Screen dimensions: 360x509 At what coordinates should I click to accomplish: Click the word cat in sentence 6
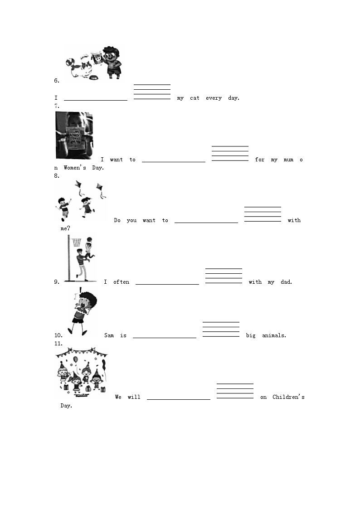[x=195, y=98]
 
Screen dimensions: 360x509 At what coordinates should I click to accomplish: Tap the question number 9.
[x=57, y=282]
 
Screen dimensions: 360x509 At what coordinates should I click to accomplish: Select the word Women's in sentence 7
[x=75, y=168]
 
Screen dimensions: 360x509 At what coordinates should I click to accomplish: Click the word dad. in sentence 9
[x=286, y=282]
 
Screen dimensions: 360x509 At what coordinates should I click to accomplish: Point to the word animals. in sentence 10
[x=274, y=335]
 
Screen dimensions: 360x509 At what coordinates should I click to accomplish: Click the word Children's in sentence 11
[x=288, y=397]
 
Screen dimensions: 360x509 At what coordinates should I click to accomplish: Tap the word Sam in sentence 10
[x=109, y=335]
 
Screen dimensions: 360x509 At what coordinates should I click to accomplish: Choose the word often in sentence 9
[x=122, y=282]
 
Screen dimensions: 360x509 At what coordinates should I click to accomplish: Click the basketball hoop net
[x=77, y=242]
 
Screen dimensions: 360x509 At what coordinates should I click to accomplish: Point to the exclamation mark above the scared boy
[x=80, y=290]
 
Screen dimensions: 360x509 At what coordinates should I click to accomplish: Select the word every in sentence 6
[x=214, y=98]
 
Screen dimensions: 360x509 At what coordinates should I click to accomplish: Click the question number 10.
[x=58, y=335]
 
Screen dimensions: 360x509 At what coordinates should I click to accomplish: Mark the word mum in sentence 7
[x=288, y=160]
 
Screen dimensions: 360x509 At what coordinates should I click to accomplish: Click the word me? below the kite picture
[x=65, y=228]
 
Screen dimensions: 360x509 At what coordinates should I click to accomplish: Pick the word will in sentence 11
[x=134, y=397]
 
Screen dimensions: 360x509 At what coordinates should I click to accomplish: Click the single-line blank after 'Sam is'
[x=165, y=338]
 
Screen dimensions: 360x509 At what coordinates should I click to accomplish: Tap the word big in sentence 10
[x=251, y=335]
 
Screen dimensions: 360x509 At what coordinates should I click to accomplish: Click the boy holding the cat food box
[x=112, y=63]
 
